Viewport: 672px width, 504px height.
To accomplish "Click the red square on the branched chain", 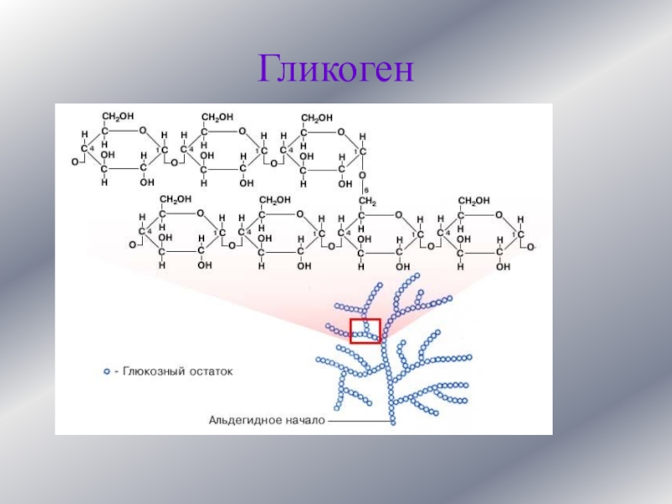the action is [365, 330].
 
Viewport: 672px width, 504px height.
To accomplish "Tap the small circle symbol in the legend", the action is [107, 370].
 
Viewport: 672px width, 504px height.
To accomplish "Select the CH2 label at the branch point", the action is [367, 202].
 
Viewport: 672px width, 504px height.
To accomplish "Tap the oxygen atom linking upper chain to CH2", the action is [362, 176].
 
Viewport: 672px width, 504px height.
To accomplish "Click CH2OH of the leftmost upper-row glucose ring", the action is [119, 117].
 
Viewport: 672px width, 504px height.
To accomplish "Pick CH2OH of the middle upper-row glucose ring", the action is [218, 117].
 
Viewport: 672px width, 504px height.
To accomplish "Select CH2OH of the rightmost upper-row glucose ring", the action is [317, 117].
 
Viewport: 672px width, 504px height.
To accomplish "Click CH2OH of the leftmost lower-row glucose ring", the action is [176, 200].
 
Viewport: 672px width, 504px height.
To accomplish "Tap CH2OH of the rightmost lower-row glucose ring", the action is [475, 200].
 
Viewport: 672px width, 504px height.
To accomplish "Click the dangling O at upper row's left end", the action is [75, 161].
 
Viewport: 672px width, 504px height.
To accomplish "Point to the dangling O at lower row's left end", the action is [132, 245].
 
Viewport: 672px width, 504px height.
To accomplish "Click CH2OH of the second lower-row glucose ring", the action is [276, 200].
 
